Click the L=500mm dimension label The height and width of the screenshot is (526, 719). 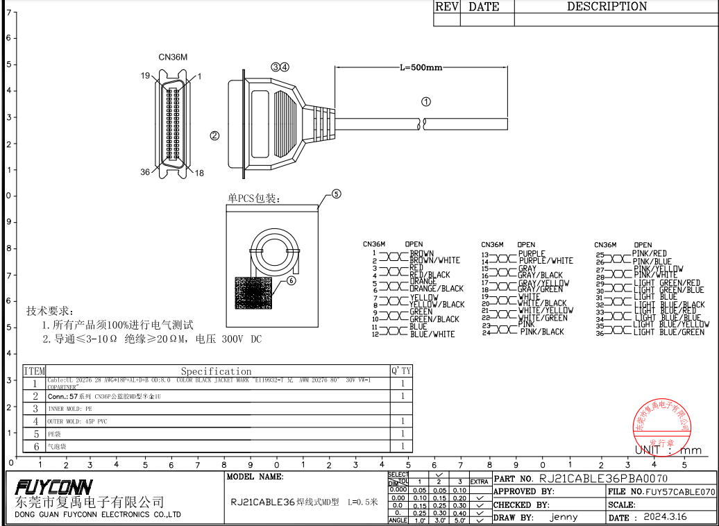click(421, 67)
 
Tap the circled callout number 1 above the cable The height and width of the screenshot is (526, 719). click(426, 101)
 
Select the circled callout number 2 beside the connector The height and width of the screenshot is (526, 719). click(214, 135)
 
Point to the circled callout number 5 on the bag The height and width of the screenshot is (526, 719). click(336, 194)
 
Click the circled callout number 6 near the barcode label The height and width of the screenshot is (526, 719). click(291, 280)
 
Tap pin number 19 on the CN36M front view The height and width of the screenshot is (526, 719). click(146, 76)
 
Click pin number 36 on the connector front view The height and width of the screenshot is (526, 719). click(145, 172)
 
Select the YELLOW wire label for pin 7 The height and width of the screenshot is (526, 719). click(423, 298)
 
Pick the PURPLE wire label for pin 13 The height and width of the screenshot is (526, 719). click(532, 254)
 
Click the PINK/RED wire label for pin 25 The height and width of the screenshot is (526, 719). click(650, 254)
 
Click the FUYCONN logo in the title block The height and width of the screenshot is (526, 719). click(53, 486)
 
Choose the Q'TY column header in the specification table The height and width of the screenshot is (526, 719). click(401, 371)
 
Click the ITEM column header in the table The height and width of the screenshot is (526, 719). click(34, 371)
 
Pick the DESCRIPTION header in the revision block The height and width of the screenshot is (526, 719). click(607, 7)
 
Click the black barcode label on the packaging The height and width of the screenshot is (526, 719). click(253, 292)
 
